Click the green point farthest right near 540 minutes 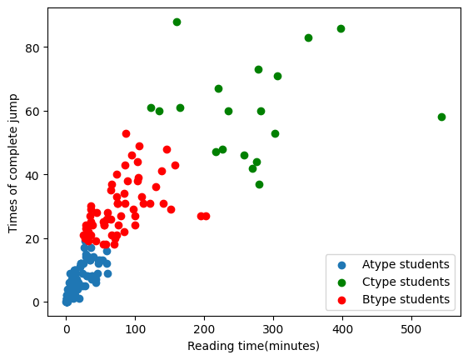pos(441,117)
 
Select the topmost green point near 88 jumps pos(177,22)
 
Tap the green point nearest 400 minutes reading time pos(341,28)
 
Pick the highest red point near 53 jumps pos(126,133)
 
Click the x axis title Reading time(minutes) pos(253,346)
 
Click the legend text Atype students pos(406,264)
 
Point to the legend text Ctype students pos(406,282)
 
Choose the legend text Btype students pos(406,299)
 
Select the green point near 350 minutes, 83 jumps pos(308,37)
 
